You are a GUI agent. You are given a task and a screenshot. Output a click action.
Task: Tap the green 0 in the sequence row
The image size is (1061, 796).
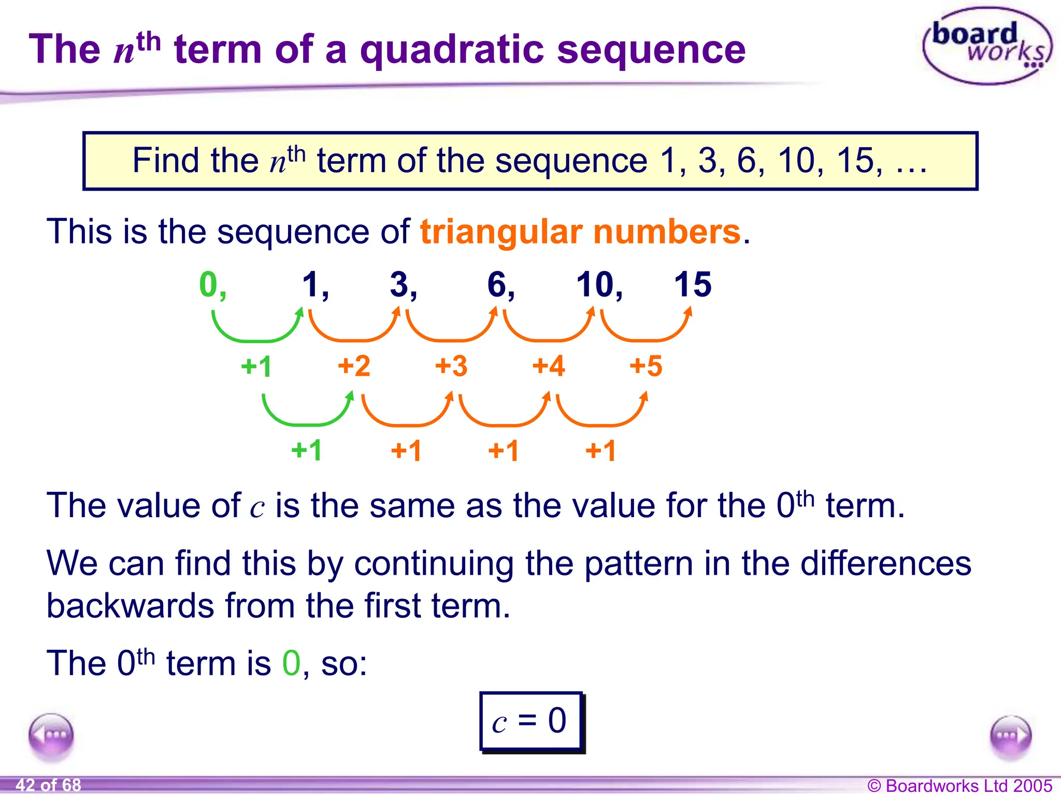(x=209, y=285)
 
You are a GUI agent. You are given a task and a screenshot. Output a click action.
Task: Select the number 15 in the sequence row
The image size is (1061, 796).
(x=692, y=285)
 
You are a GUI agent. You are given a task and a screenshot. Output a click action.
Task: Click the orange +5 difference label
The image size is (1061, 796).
(x=646, y=366)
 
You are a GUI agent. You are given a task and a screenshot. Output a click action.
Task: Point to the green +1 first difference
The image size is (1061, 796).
(x=256, y=366)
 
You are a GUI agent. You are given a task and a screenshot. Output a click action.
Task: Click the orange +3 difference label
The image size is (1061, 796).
(x=451, y=366)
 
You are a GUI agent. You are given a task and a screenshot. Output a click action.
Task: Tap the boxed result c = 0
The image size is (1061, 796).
(x=531, y=721)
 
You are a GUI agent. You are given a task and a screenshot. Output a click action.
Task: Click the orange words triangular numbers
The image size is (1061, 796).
(x=580, y=231)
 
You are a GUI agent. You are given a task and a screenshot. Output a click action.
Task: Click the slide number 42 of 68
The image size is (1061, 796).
(x=48, y=785)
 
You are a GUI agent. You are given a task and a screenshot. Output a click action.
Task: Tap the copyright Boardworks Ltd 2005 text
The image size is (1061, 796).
(x=959, y=786)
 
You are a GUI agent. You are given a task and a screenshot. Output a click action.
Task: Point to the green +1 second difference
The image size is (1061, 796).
(x=307, y=450)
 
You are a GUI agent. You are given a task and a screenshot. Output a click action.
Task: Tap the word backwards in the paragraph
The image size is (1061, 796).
(x=130, y=605)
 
